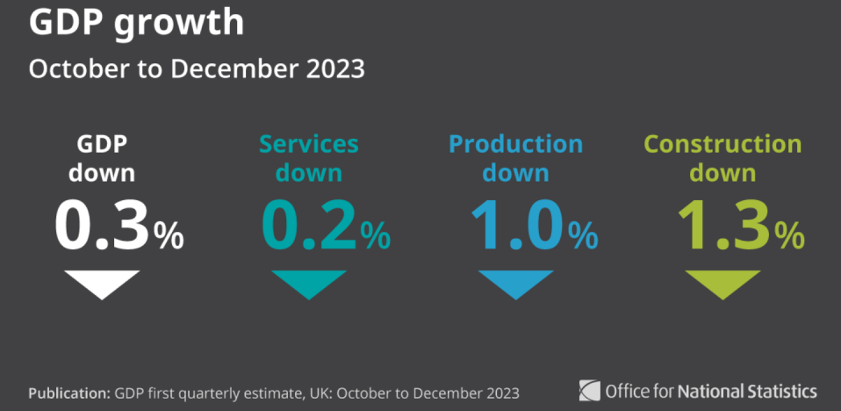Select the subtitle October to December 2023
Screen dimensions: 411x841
(197, 69)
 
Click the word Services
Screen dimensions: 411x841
(309, 144)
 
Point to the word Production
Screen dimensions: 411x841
(516, 144)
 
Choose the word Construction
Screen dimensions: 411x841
(722, 144)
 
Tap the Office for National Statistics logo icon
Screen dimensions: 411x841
(589, 390)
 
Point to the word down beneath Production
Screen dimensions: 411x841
(516, 172)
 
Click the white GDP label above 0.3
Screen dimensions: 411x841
(103, 144)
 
